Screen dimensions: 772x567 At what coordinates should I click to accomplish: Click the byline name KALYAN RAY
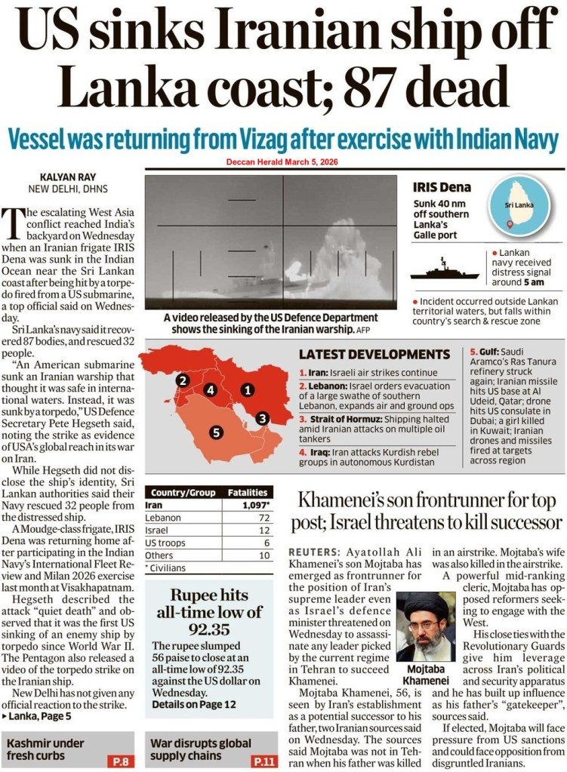pos(57,173)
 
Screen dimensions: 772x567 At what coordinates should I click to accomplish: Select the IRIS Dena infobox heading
pos(442,187)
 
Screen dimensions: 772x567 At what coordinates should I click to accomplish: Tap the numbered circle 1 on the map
pos(246,390)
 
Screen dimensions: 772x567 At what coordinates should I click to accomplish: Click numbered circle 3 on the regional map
pos(261,417)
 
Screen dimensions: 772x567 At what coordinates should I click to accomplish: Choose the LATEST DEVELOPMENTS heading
pos(374,354)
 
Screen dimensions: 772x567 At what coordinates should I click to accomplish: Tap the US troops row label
pos(165,543)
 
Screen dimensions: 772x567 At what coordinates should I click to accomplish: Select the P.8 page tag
pos(120,761)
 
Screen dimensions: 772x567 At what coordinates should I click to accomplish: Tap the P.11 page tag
pos(260,761)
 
